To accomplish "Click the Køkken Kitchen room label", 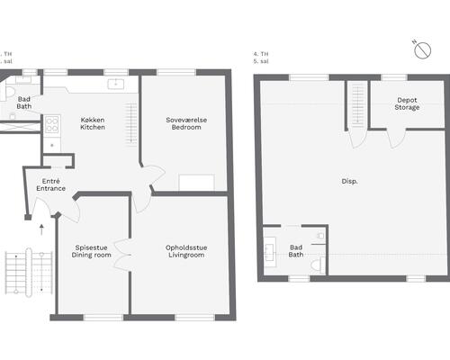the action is (x=93, y=123).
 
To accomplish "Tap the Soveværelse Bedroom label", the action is (x=186, y=123).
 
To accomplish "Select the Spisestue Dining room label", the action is (x=91, y=251).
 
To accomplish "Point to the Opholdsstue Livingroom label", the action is (x=186, y=251).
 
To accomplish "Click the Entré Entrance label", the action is (x=51, y=184).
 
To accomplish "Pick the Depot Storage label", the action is (x=407, y=103).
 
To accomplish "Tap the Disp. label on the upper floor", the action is (x=349, y=182).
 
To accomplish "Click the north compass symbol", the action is (x=422, y=50).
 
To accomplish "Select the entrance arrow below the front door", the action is (x=41, y=229).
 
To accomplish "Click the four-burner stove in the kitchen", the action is (x=52, y=124).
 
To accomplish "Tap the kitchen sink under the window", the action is (x=116, y=84).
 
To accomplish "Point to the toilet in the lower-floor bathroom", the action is (x=7, y=92).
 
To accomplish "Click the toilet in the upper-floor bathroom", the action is (x=318, y=265).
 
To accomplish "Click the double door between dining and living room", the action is (x=122, y=255).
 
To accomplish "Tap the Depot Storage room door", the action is (x=396, y=139).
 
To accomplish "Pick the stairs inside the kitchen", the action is (x=131, y=123).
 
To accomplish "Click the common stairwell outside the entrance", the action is (x=29, y=272).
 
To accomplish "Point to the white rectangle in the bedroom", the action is (x=196, y=182).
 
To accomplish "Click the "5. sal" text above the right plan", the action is (x=261, y=61).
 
